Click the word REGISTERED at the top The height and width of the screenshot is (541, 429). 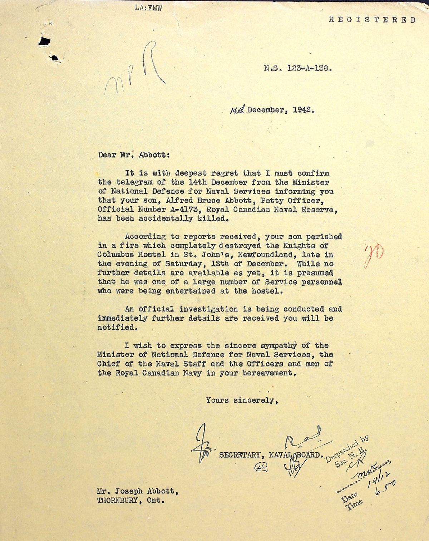[x=372, y=20]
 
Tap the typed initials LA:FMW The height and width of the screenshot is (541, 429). [x=148, y=8]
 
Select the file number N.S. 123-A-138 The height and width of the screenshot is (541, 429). [x=298, y=68]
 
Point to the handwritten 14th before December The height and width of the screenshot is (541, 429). [x=237, y=110]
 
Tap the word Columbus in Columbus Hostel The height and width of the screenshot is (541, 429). [x=115, y=255]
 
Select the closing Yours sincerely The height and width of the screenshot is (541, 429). [x=242, y=400]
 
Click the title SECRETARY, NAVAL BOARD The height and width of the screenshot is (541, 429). [x=271, y=455]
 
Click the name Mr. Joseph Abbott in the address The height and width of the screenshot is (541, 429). [x=137, y=491]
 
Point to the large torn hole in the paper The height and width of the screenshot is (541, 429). [x=44, y=41]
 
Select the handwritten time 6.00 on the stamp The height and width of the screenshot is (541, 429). [x=385, y=488]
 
